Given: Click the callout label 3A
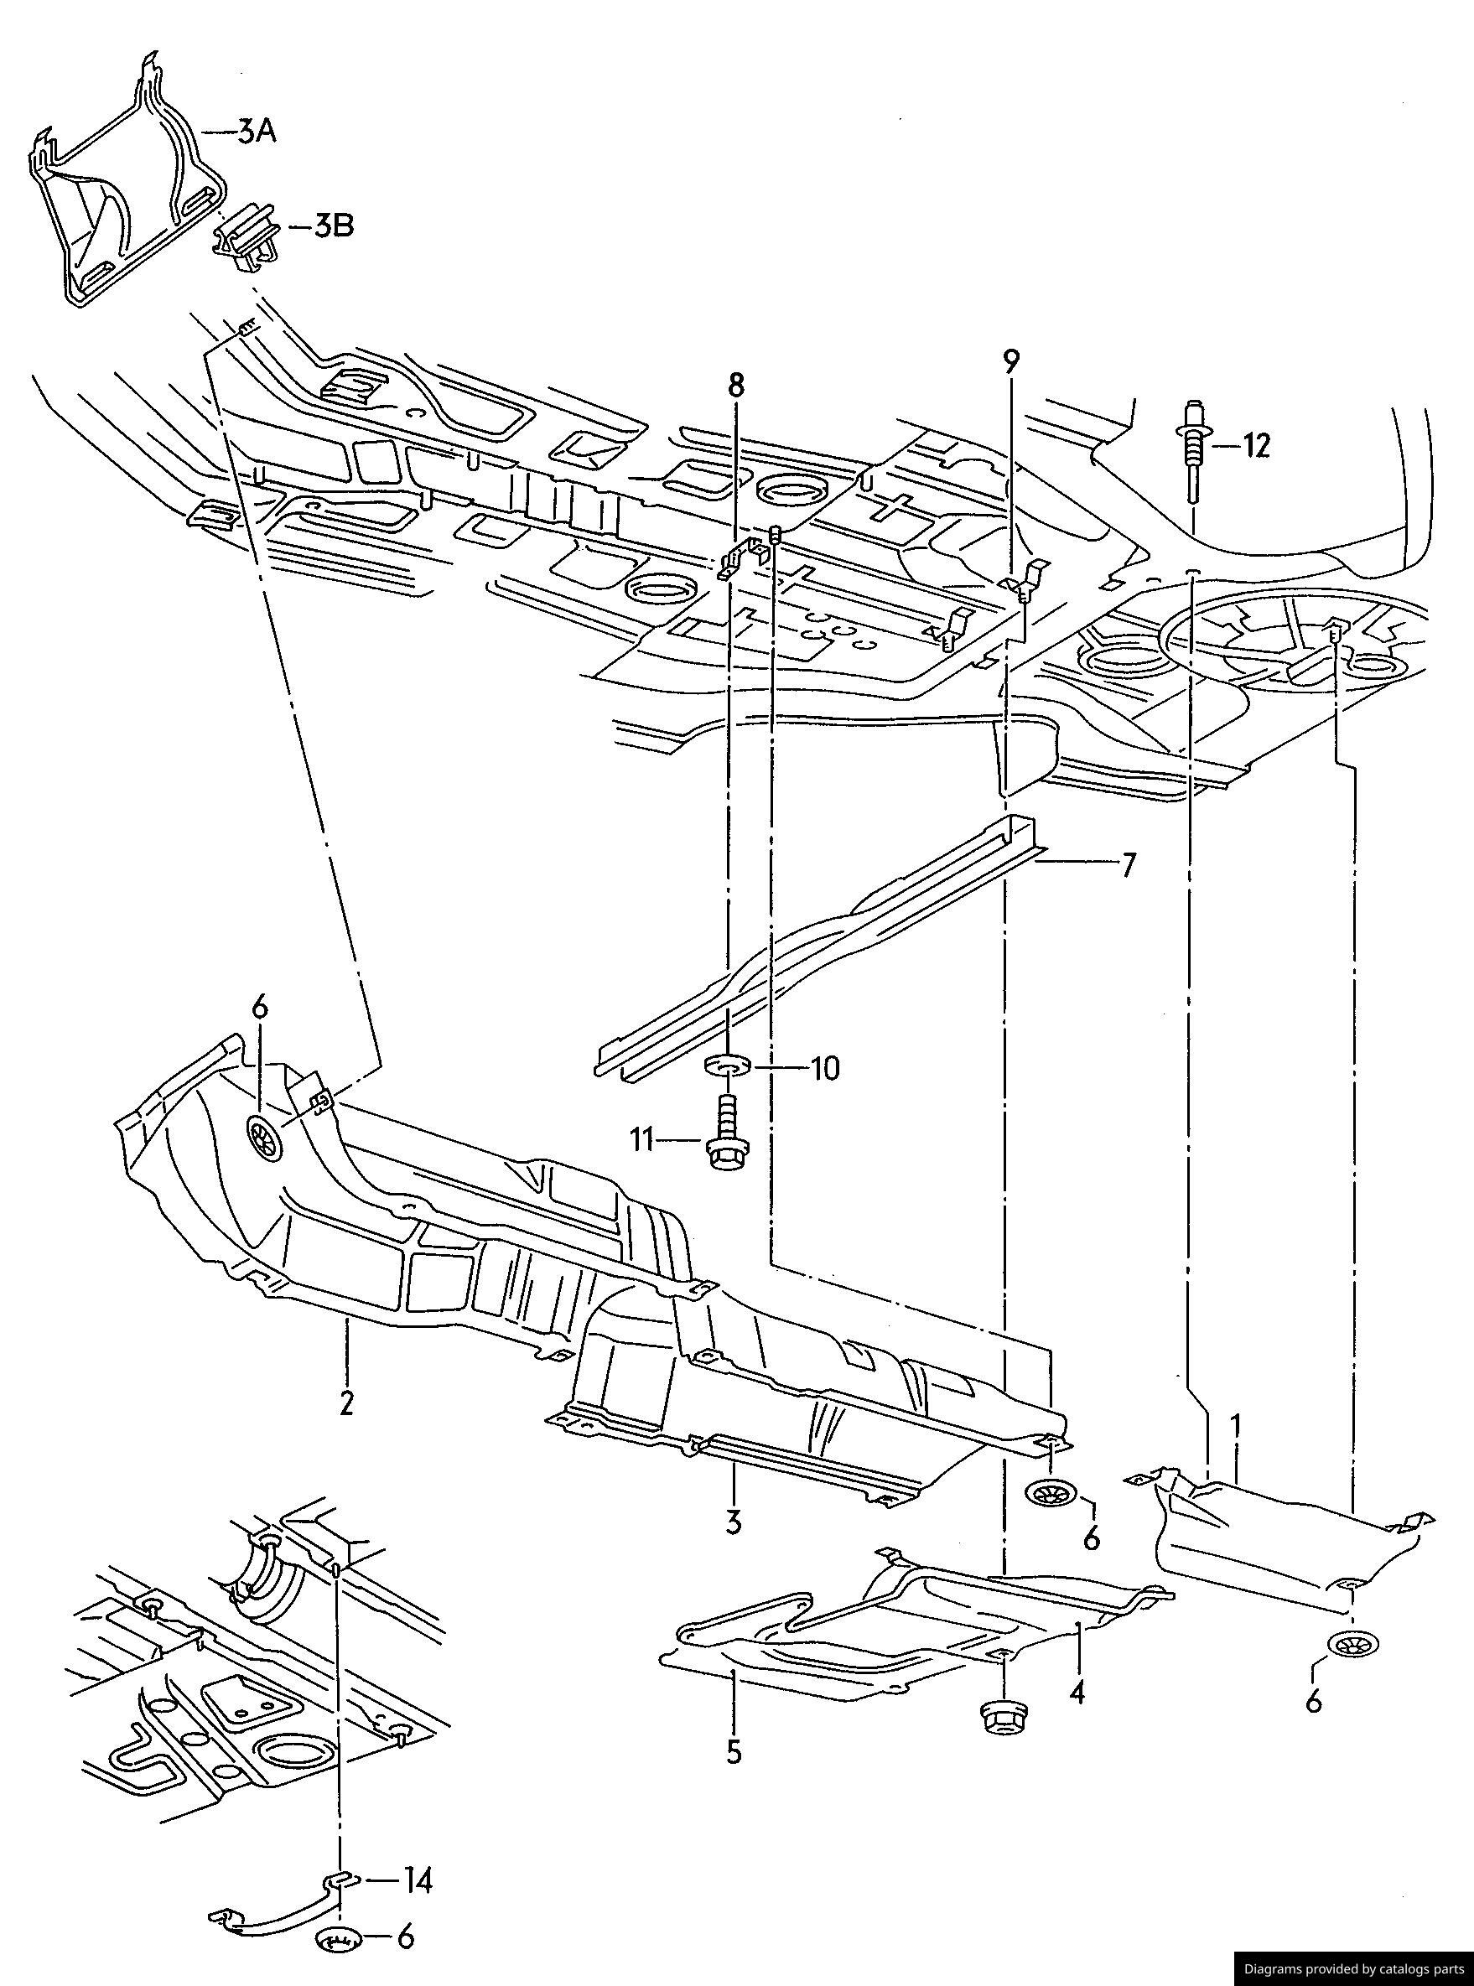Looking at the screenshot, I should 256,133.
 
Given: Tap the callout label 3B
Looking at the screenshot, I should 333,226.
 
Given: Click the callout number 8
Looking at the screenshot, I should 734,386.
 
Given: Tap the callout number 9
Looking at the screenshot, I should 1010,362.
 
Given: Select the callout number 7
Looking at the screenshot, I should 1128,865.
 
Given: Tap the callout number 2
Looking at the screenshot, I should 346,1403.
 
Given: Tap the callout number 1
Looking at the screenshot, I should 1237,1427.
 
